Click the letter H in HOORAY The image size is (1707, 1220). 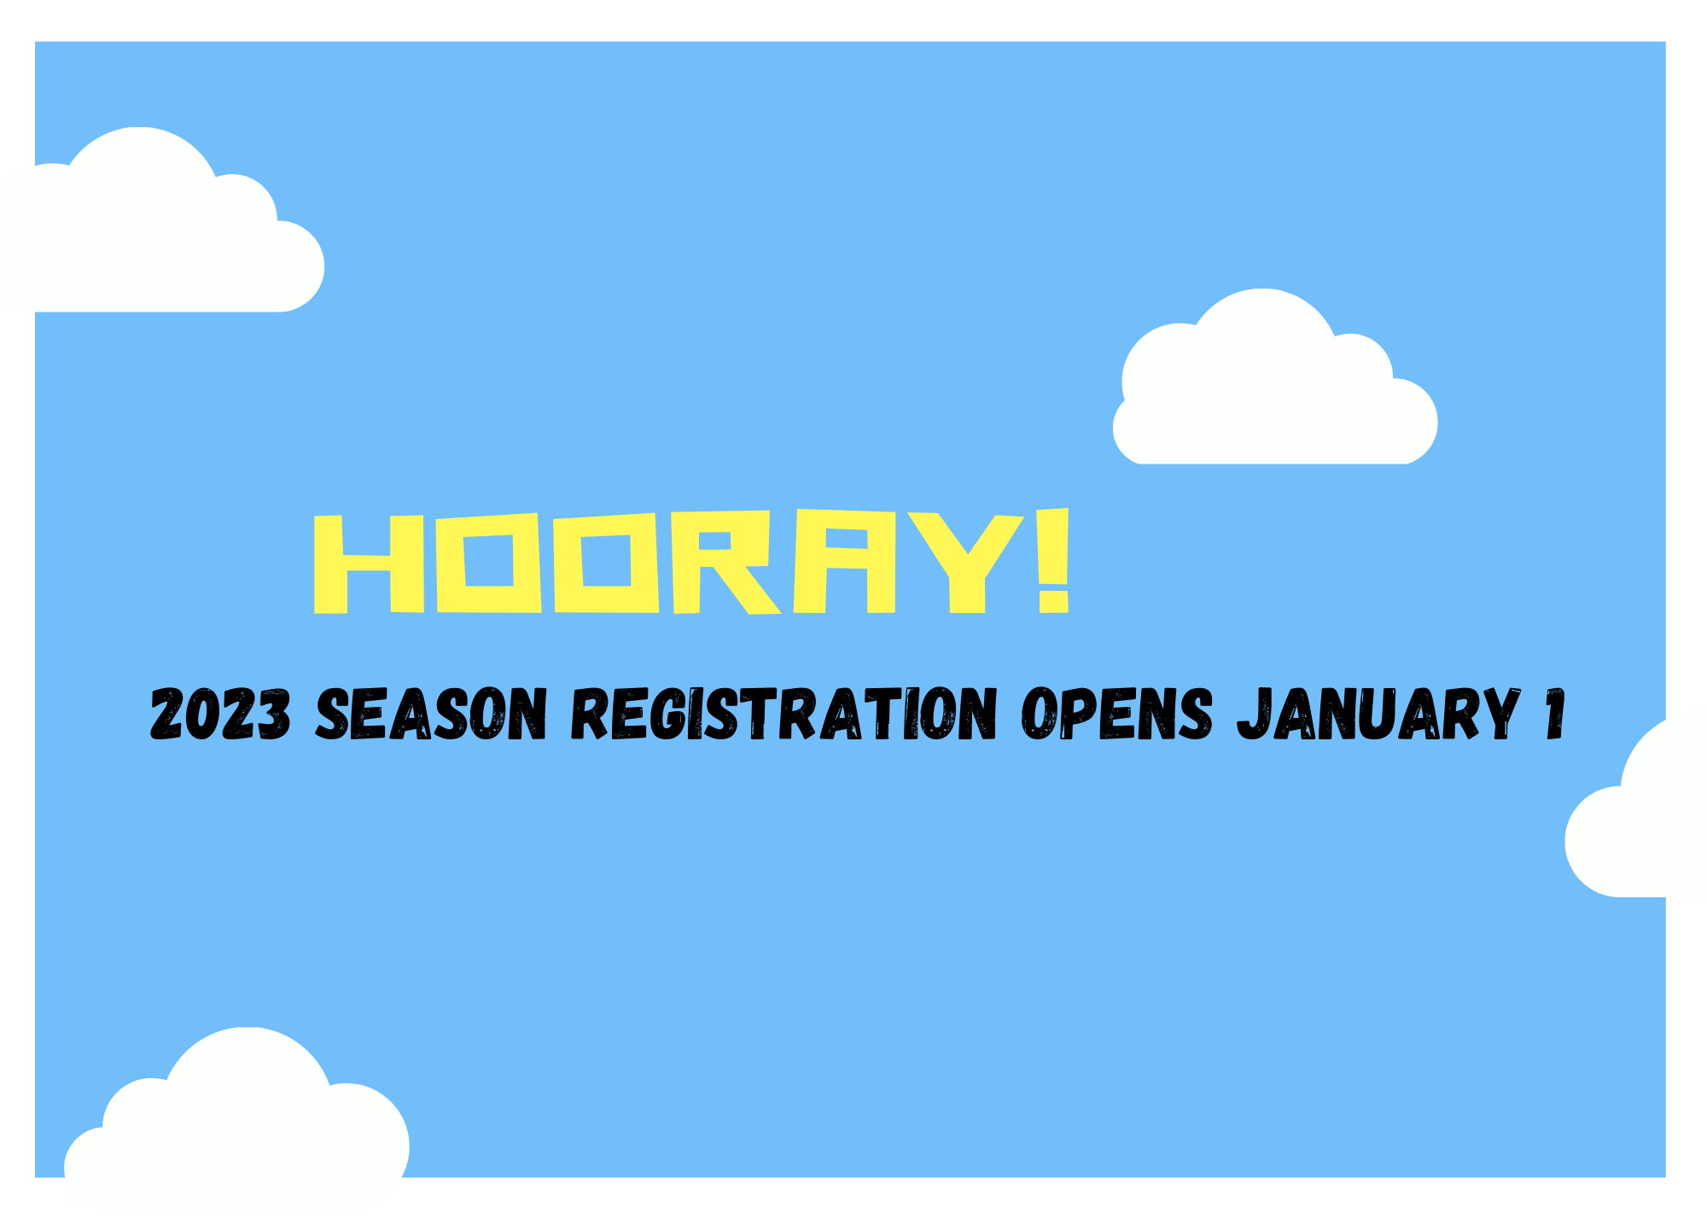[x=369, y=563]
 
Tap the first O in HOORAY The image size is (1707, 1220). [x=489, y=563]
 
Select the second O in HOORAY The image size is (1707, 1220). [x=606, y=563]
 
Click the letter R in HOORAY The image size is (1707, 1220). [x=725, y=563]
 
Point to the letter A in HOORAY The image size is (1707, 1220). [x=845, y=561]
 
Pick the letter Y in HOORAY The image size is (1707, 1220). [x=965, y=563]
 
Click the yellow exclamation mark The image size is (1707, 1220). [x=1054, y=560]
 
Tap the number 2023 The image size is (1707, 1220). [x=220, y=714]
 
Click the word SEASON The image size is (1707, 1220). [x=431, y=714]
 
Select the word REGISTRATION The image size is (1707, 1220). [x=784, y=714]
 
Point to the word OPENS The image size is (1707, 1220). [x=1117, y=714]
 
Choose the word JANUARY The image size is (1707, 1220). [x=1378, y=714]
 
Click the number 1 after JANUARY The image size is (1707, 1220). [x=1556, y=714]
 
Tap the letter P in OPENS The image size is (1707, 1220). [x=1077, y=714]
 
